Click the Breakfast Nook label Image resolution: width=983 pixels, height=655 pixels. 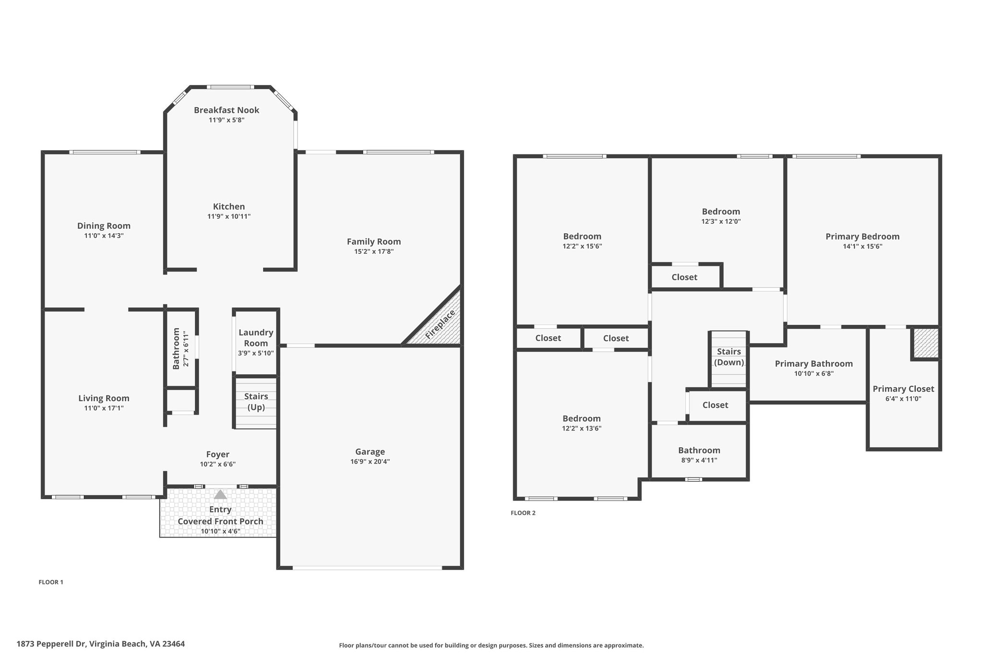[227, 110]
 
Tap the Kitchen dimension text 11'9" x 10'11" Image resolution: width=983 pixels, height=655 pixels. [229, 216]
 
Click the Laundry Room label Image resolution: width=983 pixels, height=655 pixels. [256, 338]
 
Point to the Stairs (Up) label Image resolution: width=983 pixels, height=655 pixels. [256, 402]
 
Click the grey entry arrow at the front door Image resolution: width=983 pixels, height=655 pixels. [220, 494]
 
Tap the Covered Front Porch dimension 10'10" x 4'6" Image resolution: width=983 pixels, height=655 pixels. [220, 531]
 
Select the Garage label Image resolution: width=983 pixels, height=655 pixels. [370, 452]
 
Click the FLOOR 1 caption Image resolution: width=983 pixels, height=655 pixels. [51, 582]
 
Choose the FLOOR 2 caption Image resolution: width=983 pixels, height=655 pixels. [523, 513]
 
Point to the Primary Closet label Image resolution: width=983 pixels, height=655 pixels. [903, 389]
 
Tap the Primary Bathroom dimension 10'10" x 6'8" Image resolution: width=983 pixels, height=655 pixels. [814, 374]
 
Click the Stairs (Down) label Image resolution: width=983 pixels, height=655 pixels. [729, 357]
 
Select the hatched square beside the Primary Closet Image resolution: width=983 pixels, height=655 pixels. [926, 343]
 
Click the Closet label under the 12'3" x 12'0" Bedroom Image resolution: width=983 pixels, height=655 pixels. [684, 277]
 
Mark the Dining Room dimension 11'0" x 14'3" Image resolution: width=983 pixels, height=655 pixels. [104, 236]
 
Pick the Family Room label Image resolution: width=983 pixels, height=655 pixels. [374, 242]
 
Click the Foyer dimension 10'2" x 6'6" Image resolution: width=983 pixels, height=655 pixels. [218, 464]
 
